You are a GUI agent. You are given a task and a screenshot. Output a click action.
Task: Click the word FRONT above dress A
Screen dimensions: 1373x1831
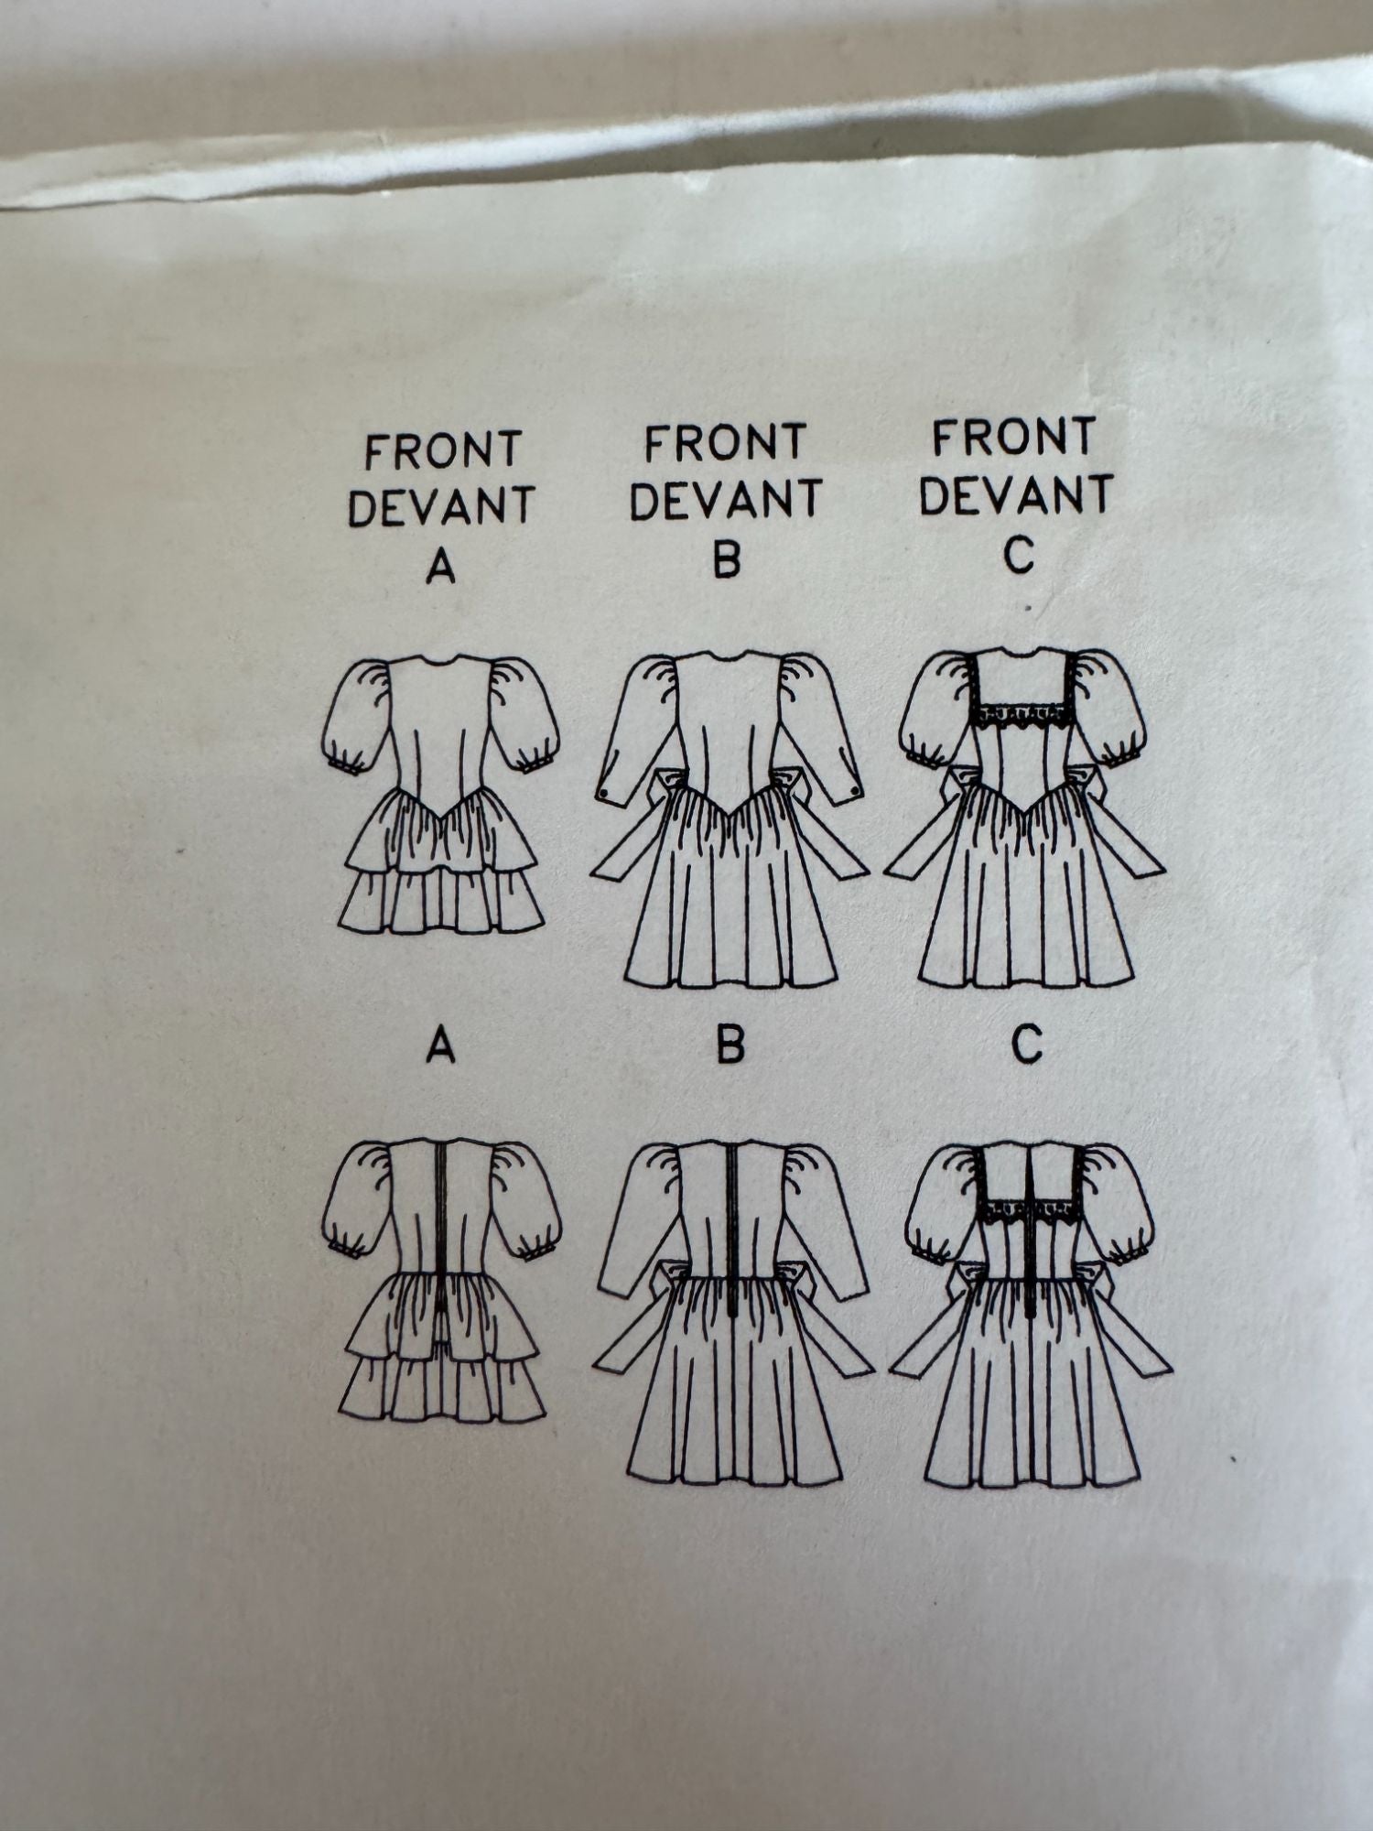[x=442, y=451]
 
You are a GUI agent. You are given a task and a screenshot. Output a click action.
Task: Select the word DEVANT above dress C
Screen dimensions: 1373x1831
[x=1016, y=495]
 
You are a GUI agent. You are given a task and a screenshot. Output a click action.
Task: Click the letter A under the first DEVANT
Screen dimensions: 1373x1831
[x=440, y=569]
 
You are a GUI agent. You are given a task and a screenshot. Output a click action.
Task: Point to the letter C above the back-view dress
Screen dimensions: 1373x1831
[x=1027, y=1043]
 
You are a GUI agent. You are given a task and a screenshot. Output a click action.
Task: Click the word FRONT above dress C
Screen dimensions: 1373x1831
[x=1014, y=439]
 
